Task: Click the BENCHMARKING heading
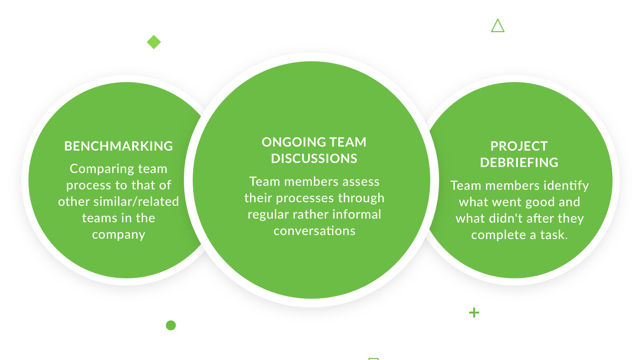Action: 119,146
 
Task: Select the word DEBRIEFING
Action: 519,163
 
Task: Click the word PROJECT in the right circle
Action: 519,146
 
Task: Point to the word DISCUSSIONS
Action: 314,159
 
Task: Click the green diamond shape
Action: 154,42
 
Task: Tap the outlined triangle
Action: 498,26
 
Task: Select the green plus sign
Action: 474,313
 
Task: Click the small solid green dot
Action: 171,325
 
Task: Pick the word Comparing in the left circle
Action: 96,169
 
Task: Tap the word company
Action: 119,235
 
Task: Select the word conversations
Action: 314,231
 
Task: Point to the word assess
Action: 361,182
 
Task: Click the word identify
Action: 566,186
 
